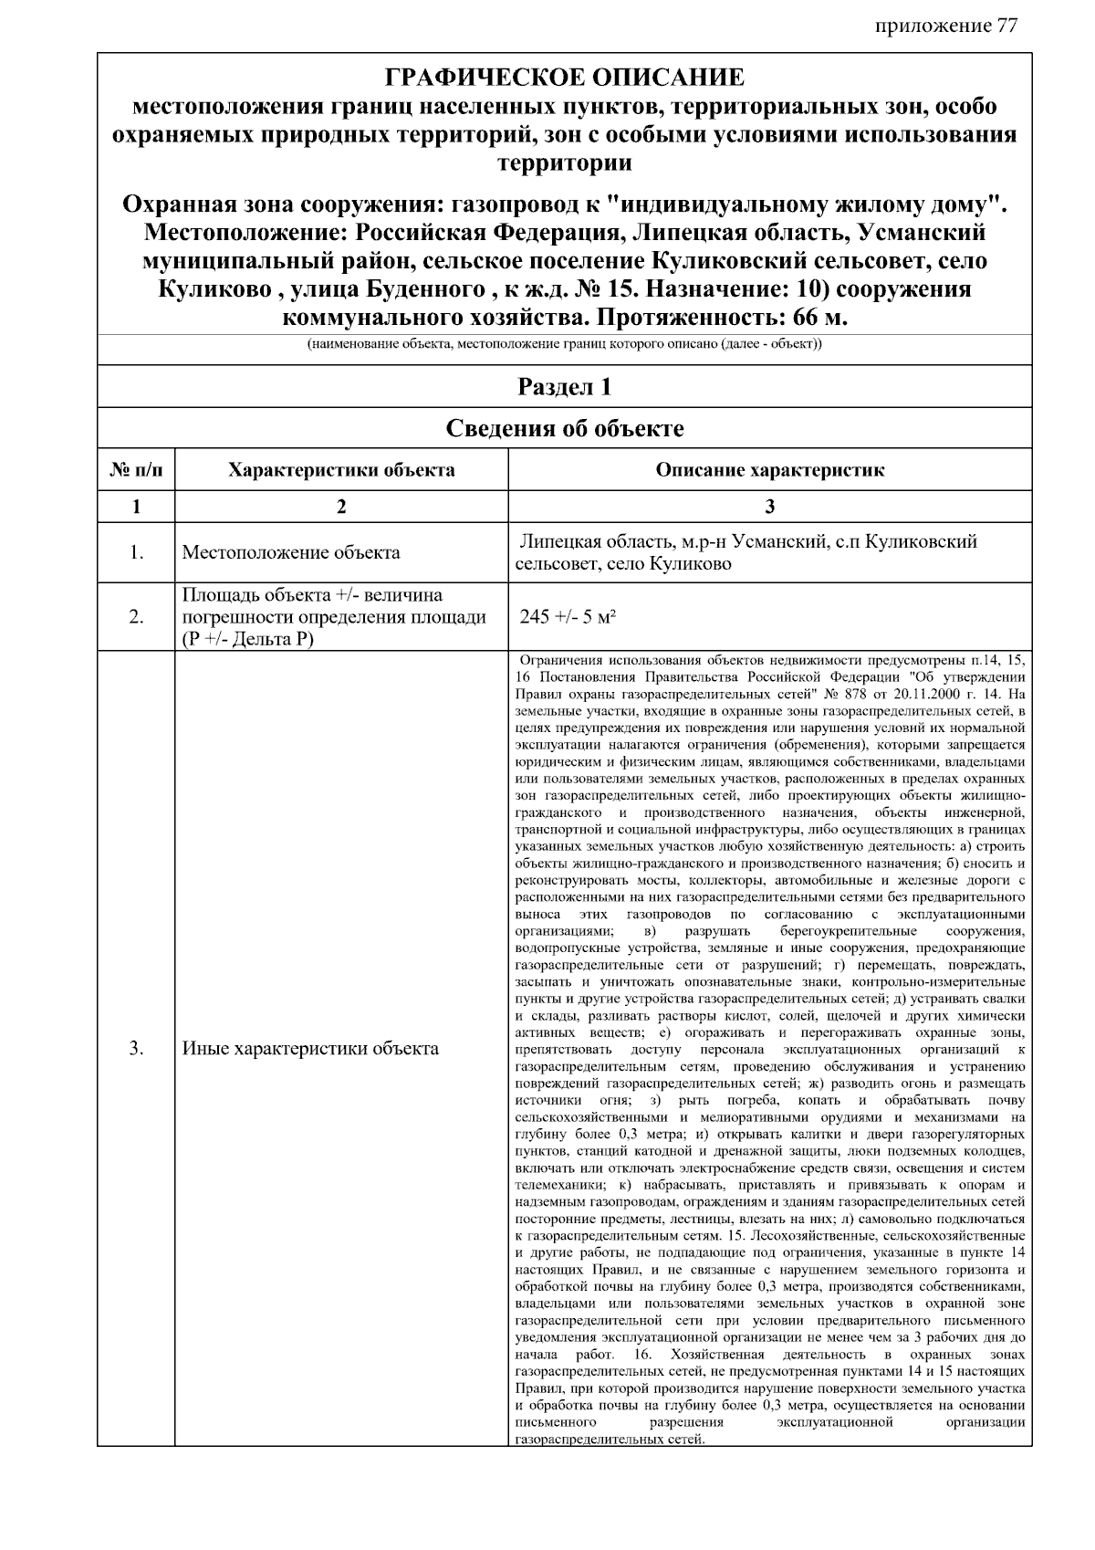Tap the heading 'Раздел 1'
564,387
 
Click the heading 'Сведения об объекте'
564,428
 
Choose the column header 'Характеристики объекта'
341,471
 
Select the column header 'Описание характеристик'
769,471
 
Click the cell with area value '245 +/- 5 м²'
568,617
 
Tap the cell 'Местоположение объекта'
290,553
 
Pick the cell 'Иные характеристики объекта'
310,1049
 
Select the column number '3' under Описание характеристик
769,507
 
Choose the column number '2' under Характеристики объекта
341,507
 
